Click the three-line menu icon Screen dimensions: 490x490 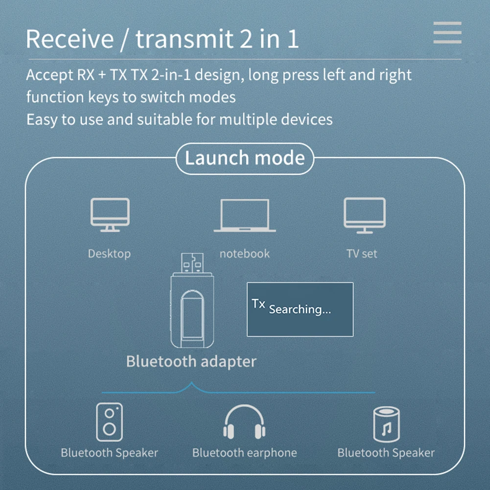tap(447, 32)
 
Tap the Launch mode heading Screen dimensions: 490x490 tap(244, 158)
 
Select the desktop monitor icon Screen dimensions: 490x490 tap(110, 214)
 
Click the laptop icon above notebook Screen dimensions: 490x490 tap(244, 215)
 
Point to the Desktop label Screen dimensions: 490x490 tap(109, 254)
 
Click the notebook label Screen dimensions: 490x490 tap(244, 254)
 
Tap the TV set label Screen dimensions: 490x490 tap(362, 254)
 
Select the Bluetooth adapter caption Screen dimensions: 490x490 tap(191, 361)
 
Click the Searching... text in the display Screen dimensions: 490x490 tap(300, 309)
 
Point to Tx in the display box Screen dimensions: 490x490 tap(258, 303)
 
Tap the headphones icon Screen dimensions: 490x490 tap(244, 422)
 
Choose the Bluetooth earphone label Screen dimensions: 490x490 tap(244, 452)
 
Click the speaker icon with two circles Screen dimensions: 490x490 tap(109, 422)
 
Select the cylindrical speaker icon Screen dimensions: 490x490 tap(386, 424)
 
